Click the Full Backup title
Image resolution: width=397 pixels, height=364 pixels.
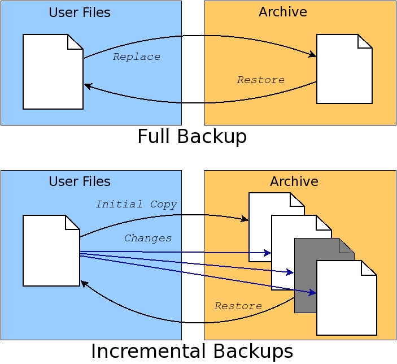[192, 137]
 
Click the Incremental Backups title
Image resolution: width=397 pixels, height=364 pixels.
[192, 351]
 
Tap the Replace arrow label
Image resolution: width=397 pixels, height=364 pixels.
[136, 57]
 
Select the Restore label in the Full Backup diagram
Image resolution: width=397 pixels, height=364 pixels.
[260, 80]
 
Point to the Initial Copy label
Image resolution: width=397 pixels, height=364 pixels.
[136, 204]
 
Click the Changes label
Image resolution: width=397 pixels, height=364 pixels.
[148, 238]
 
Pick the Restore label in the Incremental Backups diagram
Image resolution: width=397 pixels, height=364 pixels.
[238, 306]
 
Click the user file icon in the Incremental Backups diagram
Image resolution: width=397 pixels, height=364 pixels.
[51, 251]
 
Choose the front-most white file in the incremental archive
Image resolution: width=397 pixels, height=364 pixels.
[346, 300]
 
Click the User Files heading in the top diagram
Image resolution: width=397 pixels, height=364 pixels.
[80, 12]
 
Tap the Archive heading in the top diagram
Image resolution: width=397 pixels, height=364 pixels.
[283, 11]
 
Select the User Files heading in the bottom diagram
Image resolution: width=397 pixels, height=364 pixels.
[80, 181]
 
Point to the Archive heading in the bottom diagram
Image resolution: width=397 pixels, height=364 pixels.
[294, 181]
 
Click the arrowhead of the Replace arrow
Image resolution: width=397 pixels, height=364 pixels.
[313, 55]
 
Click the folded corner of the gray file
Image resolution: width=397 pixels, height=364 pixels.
[347, 245]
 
